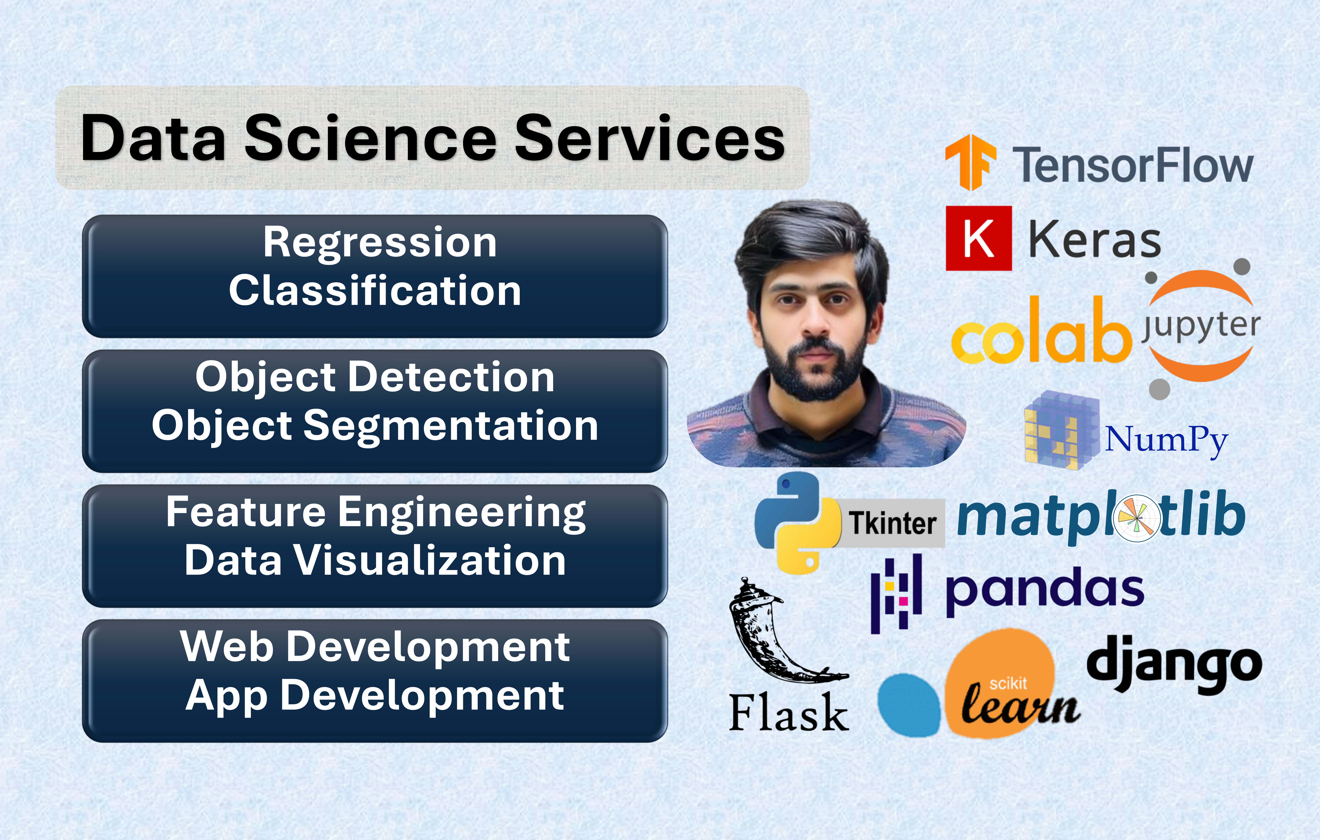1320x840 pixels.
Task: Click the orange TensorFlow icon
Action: click(970, 162)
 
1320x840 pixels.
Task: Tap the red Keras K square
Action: click(979, 238)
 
